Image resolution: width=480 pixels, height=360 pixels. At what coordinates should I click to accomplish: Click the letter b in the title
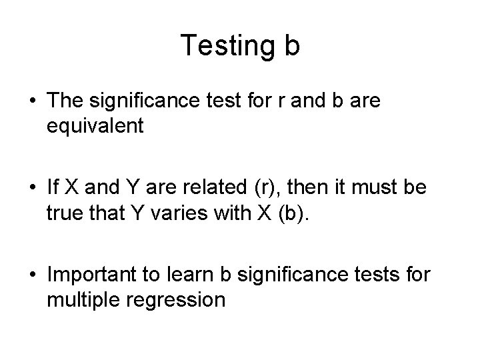click(x=292, y=45)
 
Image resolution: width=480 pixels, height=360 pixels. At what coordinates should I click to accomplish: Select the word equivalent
click(x=95, y=126)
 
